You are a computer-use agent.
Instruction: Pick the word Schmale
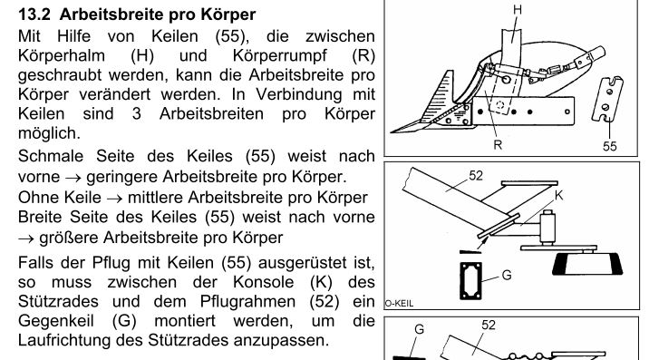coord(53,157)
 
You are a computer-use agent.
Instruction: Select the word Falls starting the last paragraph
coord(37,263)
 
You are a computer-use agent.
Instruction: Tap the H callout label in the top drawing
coord(517,9)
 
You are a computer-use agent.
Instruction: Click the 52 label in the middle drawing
coord(477,175)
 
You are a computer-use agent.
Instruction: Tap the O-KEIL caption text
coord(400,305)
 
